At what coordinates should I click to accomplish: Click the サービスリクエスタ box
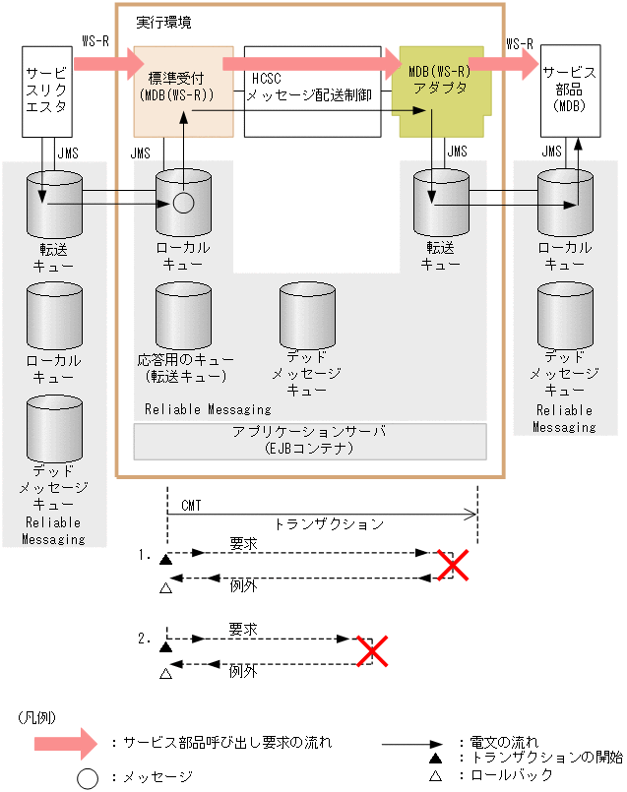(x=47, y=90)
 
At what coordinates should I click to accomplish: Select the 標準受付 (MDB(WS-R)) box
(x=183, y=90)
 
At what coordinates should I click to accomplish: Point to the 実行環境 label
(x=162, y=21)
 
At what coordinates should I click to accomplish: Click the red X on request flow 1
(x=453, y=565)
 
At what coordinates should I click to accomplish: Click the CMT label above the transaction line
(x=191, y=505)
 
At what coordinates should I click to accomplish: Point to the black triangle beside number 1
(x=165, y=559)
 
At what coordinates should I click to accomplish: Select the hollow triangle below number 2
(x=165, y=673)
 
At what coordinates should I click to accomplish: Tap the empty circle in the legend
(x=88, y=777)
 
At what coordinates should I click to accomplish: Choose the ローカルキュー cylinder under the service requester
(x=55, y=316)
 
